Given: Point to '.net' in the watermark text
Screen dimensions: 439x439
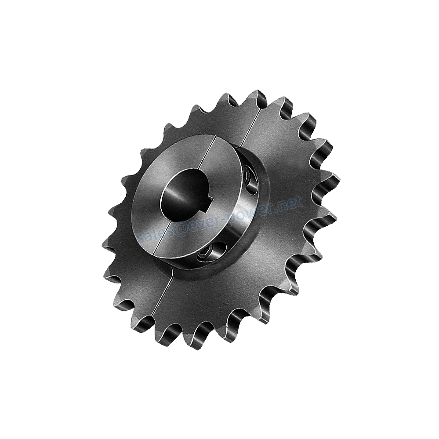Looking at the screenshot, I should point(290,204).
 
